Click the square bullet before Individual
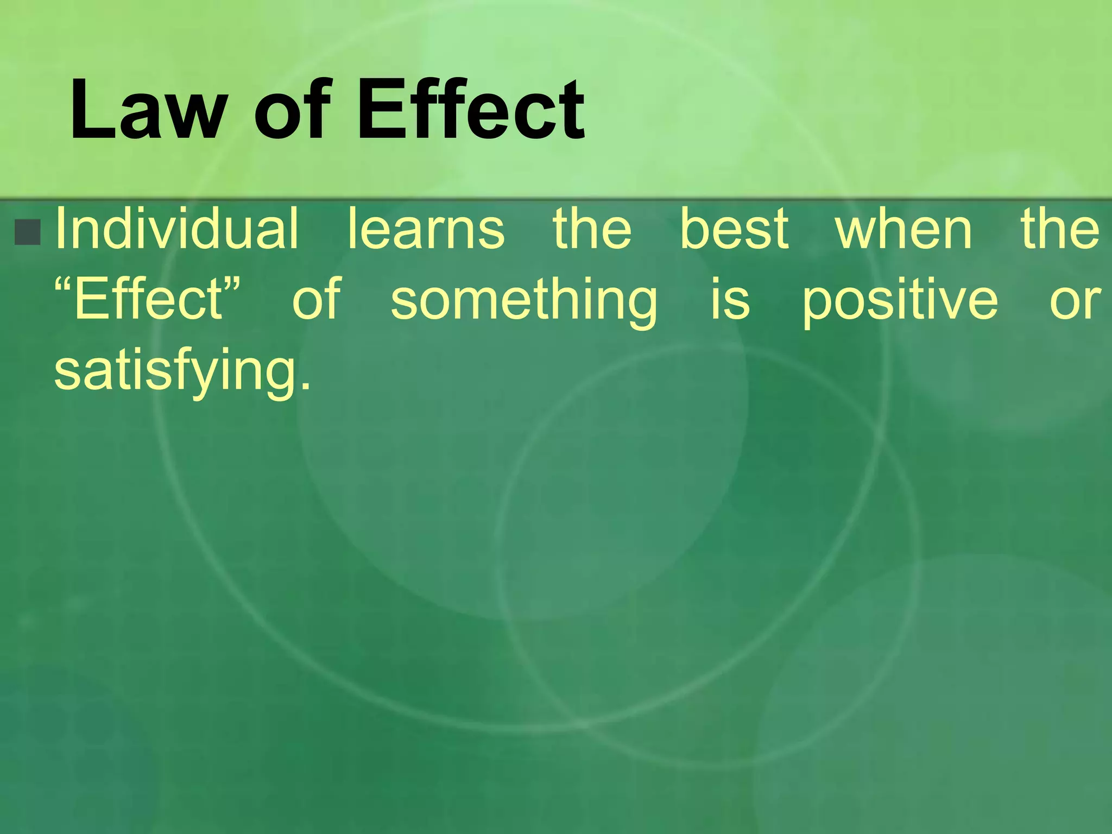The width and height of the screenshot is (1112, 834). (x=28, y=232)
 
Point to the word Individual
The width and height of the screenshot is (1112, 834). (x=177, y=228)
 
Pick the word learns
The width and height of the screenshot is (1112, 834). (x=426, y=228)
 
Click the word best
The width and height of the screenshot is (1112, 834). (x=734, y=228)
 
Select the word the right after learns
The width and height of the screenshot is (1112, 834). (x=592, y=228)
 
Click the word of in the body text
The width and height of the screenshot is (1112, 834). (x=317, y=299)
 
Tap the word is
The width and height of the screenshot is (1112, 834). (x=731, y=299)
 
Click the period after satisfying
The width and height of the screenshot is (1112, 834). (x=306, y=387)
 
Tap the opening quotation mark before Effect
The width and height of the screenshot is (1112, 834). (x=64, y=283)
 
